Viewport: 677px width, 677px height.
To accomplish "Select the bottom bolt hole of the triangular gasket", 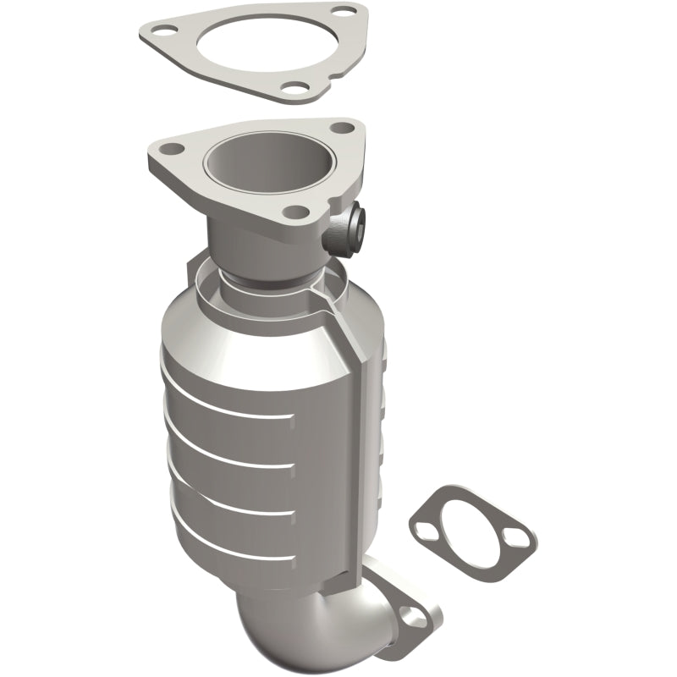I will click(x=289, y=86).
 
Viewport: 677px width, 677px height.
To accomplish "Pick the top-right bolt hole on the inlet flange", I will click(x=342, y=128).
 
